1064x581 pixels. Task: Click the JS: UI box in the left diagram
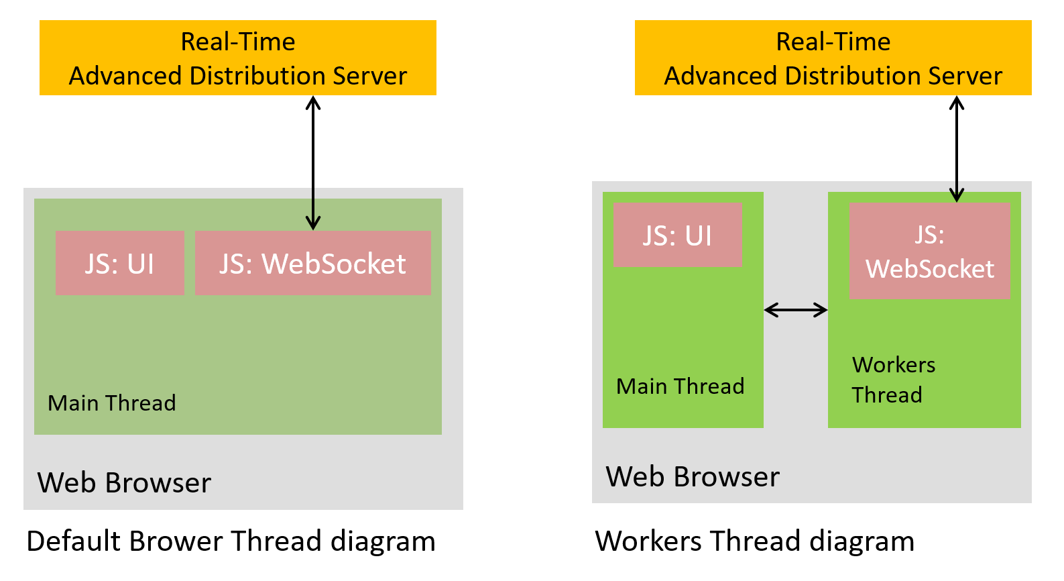(x=119, y=263)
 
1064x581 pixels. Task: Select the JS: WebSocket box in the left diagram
(x=312, y=263)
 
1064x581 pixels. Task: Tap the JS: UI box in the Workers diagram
(x=678, y=235)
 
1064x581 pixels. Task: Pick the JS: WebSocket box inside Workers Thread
(x=929, y=251)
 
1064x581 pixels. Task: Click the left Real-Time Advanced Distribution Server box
(x=237, y=58)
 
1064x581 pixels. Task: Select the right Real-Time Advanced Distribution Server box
(x=833, y=58)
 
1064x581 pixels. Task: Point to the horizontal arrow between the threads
(x=796, y=309)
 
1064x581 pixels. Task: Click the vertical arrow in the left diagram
(x=313, y=161)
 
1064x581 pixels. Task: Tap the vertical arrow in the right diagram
(x=957, y=148)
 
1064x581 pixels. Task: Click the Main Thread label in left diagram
(x=112, y=403)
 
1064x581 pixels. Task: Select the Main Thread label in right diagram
(x=680, y=386)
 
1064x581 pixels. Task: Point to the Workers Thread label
(x=893, y=380)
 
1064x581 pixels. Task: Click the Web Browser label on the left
(x=124, y=482)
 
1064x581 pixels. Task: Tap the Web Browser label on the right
(x=693, y=476)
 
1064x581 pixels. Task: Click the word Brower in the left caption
(x=176, y=541)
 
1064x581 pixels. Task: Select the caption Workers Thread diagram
(x=754, y=541)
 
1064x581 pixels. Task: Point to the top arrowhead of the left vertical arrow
(x=313, y=102)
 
